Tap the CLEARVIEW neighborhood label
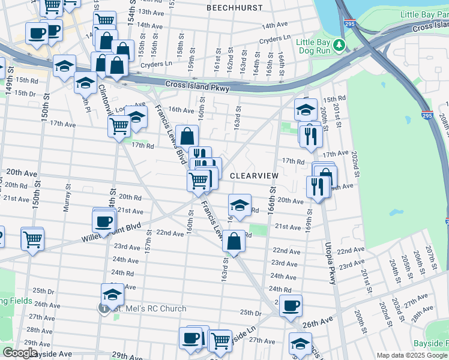(x=255, y=175)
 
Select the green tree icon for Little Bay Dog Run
(x=339, y=45)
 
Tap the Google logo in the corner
(x=19, y=353)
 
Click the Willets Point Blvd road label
(x=107, y=233)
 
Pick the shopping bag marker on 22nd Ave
(x=234, y=241)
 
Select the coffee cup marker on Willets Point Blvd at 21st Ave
(x=104, y=221)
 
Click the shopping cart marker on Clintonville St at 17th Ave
(x=119, y=127)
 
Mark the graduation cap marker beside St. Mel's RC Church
(x=112, y=294)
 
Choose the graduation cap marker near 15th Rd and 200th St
(x=306, y=109)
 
